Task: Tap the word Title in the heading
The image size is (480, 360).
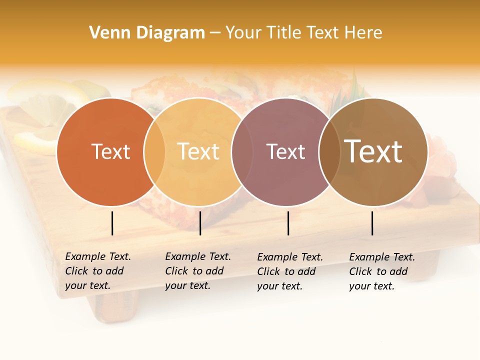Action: point(284,33)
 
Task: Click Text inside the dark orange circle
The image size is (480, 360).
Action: point(110,151)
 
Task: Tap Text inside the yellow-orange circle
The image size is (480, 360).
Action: point(198,151)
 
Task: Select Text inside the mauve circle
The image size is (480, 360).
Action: point(285,151)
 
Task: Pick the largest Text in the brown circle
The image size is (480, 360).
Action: point(373,151)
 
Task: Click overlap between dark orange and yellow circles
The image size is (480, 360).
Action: point(154,151)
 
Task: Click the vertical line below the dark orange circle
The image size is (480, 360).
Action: point(112,223)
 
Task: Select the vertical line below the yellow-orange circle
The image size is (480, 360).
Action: point(200,223)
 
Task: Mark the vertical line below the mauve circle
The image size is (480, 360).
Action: point(288,223)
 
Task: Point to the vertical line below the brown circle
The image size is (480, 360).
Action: point(372,223)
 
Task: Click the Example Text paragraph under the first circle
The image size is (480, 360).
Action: point(97,271)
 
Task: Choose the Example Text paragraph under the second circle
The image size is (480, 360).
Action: point(197,271)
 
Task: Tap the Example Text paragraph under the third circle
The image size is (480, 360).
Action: point(289,271)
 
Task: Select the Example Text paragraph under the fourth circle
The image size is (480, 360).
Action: point(381,271)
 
